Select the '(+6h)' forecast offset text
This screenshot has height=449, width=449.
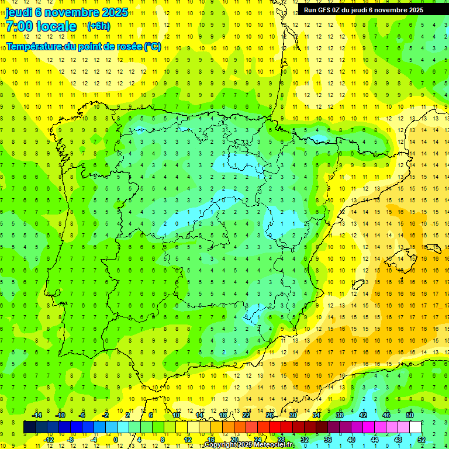click(x=98, y=26)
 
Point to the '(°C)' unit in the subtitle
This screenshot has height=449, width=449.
click(x=152, y=47)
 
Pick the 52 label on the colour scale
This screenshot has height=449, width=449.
click(x=422, y=440)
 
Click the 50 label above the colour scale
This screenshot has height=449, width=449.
click(x=410, y=415)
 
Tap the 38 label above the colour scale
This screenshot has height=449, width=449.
click(x=340, y=415)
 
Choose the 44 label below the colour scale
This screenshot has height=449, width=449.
click(x=375, y=440)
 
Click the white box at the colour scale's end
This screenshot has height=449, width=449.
click(x=416, y=427)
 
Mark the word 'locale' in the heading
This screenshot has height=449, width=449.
click(x=56, y=26)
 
